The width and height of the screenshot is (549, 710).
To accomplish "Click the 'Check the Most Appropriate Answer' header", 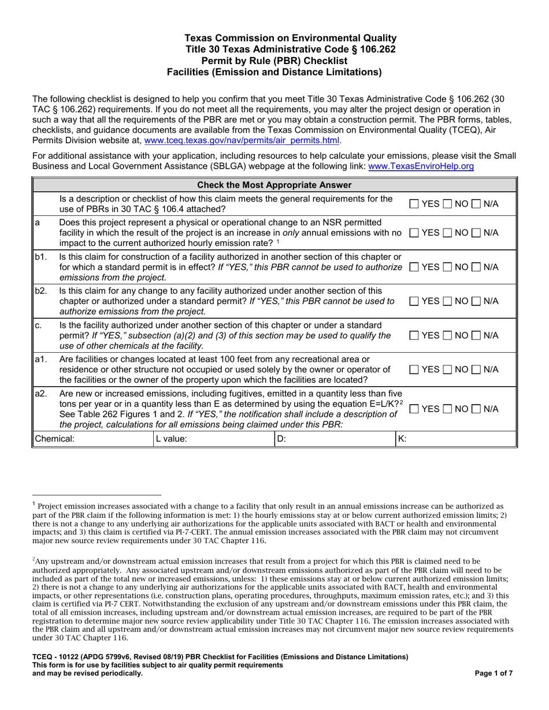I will [274, 185].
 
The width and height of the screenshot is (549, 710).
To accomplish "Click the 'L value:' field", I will [211, 439].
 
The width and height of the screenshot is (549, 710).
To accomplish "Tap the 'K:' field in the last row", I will [454, 439].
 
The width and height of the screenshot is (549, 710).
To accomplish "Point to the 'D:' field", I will [332, 439].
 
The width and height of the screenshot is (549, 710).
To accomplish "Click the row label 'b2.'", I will [41, 290].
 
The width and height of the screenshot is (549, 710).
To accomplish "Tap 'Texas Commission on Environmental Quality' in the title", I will [274, 38].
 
